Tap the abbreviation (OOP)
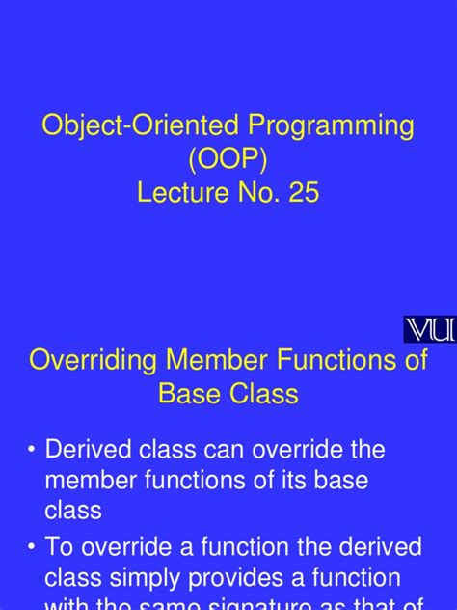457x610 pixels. pos(228,160)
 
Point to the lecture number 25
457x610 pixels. pos(301,193)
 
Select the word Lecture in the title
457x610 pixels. pos(183,193)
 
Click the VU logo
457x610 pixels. pos(429,329)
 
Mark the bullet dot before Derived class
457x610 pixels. pos(35,450)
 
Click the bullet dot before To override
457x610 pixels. pos(35,548)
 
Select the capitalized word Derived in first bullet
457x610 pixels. pos(88,450)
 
